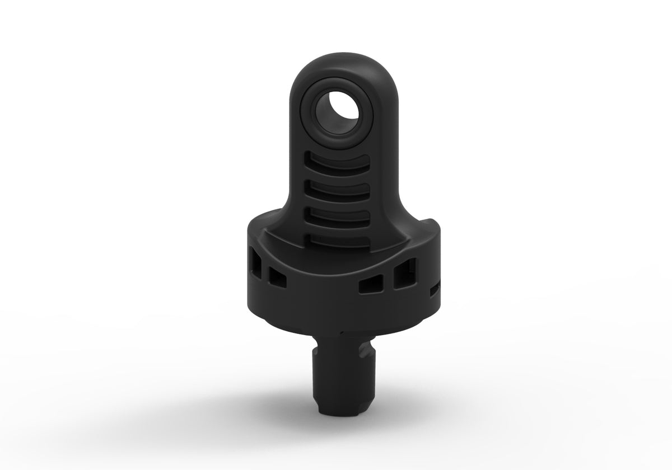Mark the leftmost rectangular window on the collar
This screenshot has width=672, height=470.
click(x=256, y=264)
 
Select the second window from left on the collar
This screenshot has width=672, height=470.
click(x=277, y=275)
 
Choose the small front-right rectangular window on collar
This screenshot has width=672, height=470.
click(x=368, y=286)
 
